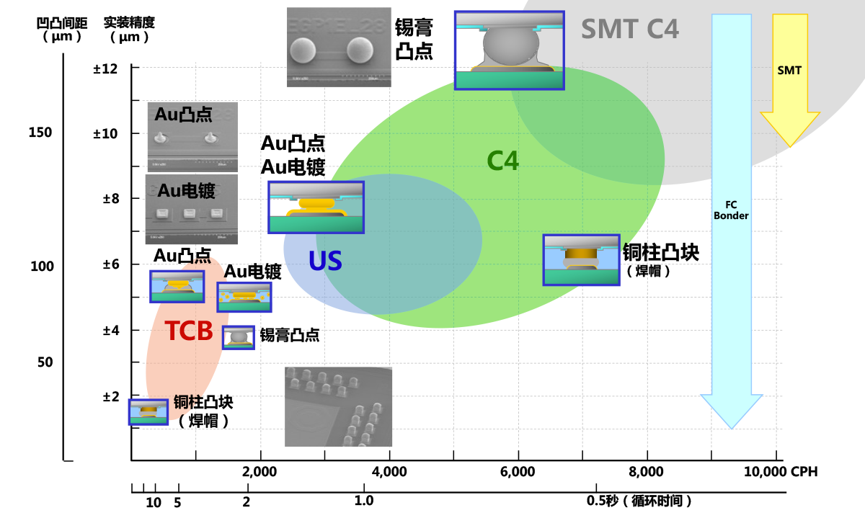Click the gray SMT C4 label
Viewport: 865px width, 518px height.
point(629,29)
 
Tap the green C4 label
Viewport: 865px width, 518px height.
point(502,161)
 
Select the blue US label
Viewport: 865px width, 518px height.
point(325,261)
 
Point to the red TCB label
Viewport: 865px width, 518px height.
point(189,331)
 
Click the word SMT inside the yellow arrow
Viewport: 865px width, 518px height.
point(789,71)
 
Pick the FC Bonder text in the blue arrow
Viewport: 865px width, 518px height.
point(731,210)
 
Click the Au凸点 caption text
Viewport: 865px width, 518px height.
point(183,114)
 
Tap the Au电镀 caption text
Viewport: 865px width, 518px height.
point(186,191)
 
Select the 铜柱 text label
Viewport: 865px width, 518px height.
point(186,402)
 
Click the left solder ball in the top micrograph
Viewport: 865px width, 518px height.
point(303,51)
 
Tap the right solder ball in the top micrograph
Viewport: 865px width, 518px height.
point(360,50)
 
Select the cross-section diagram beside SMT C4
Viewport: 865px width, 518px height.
point(509,50)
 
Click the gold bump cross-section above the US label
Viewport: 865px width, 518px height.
point(316,207)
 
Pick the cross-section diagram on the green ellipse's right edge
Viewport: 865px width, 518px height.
point(581,259)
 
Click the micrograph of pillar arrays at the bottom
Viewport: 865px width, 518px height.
point(339,407)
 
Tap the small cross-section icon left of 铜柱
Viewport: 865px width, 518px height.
point(148,412)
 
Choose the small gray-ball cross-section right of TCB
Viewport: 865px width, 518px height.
point(238,338)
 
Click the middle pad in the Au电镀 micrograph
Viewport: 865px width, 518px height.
point(190,213)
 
